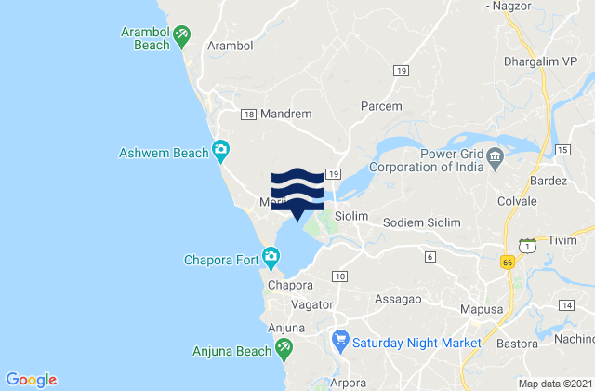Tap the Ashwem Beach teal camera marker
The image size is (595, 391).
click(x=221, y=149)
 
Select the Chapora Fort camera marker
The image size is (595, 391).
click(x=271, y=255)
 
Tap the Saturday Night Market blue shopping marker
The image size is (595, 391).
click(x=340, y=342)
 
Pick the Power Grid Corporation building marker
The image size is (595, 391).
click(x=496, y=155)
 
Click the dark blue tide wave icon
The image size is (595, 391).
click(x=297, y=190)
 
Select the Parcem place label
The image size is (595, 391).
click(x=382, y=106)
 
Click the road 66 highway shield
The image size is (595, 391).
click(x=508, y=263)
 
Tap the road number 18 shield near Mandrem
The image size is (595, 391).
click(x=248, y=114)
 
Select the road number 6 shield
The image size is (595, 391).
click(x=430, y=255)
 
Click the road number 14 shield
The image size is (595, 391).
click(x=567, y=304)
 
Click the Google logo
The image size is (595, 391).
click(x=31, y=379)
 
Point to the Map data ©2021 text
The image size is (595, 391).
click(x=554, y=383)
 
